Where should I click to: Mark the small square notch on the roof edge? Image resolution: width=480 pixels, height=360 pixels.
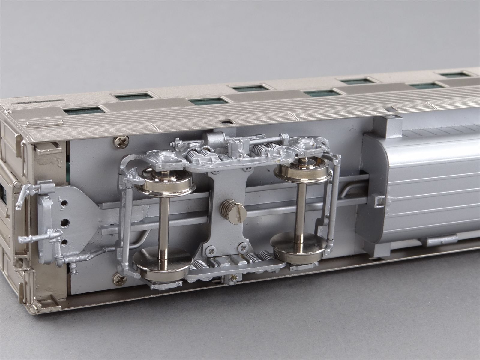coord(224,121)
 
